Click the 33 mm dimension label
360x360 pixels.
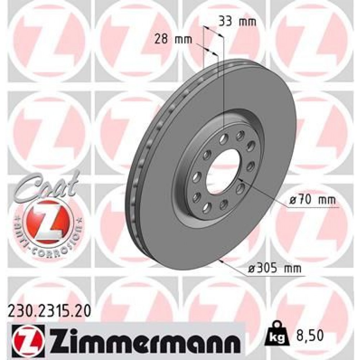point(237,22)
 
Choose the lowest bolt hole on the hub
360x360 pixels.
point(208,207)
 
